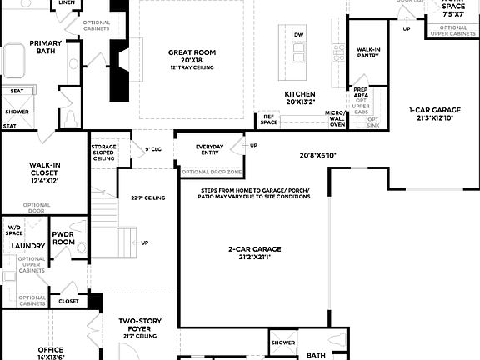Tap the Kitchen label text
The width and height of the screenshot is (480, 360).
pyautogui.click(x=299, y=94)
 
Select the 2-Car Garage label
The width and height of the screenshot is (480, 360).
pyautogui.click(x=255, y=249)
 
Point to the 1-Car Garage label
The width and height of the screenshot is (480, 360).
pyautogui.click(x=435, y=110)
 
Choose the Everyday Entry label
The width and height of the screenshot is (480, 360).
pyautogui.click(x=210, y=150)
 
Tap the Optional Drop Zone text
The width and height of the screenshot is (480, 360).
pyautogui.click(x=210, y=172)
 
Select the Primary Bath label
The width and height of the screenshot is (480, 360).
pyautogui.click(x=45, y=47)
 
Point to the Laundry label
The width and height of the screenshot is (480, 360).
pyautogui.click(x=28, y=246)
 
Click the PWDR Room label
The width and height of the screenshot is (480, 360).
pyautogui.click(x=63, y=238)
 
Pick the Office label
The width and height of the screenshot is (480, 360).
pyautogui.click(x=50, y=350)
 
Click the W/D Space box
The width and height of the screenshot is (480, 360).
pyautogui.click(x=14, y=228)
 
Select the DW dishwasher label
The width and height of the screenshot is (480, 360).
pyautogui.click(x=298, y=33)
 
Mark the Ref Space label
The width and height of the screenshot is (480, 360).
pyautogui.click(x=269, y=120)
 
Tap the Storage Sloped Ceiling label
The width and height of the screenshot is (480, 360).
pyautogui.click(x=103, y=154)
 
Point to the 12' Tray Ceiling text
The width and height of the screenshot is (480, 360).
pyautogui.click(x=187, y=67)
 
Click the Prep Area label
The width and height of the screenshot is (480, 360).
pyautogui.click(x=361, y=92)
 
